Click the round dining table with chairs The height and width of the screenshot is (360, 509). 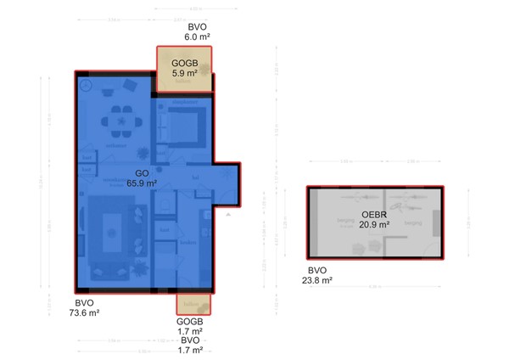click(120, 121)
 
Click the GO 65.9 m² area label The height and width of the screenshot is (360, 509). click(142, 177)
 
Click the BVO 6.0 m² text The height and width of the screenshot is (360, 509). click(198, 31)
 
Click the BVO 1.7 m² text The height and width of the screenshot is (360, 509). click(190, 345)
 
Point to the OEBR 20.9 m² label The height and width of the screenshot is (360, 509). click(374, 219)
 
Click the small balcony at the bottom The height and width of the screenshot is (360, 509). click(193, 303)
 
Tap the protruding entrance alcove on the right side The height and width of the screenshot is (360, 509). click(226, 185)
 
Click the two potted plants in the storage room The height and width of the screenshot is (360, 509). click(362, 247)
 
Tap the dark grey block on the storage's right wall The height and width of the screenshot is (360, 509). click(437, 223)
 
